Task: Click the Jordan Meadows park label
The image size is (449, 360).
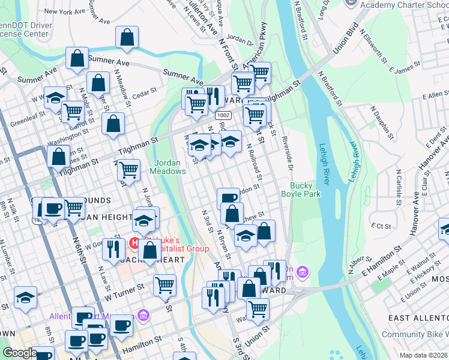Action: click(170, 167)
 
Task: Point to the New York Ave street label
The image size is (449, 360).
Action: click(65, 11)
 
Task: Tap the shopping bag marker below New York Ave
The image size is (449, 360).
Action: click(127, 38)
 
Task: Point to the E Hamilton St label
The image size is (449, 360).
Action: click(381, 262)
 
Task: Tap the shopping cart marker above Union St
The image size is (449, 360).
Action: click(258, 309)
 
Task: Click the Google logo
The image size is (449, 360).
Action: click(20, 352)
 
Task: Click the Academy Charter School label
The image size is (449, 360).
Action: click(405, 5)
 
